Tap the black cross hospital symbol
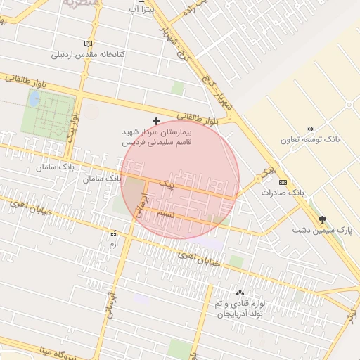point(156,121)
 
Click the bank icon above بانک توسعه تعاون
point(310,128)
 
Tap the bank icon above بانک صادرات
point(283,181)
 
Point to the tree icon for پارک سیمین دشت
point(323,219)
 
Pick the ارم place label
point(113,243)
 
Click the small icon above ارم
point(113,233)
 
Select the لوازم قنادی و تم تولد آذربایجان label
point(239,308)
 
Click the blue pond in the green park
point(33,98)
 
